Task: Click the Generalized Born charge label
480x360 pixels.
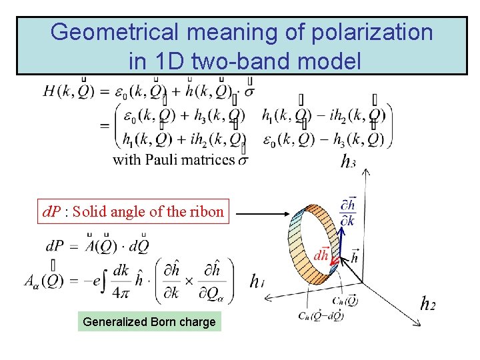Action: click(x=149, y=322)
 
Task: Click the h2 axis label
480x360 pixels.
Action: click(x=428, y=304)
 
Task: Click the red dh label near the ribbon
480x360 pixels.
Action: click(x=321, y=255)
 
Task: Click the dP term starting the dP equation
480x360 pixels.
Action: click(x=56, y=246)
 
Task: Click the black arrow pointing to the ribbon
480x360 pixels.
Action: click(x=263, y=214)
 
